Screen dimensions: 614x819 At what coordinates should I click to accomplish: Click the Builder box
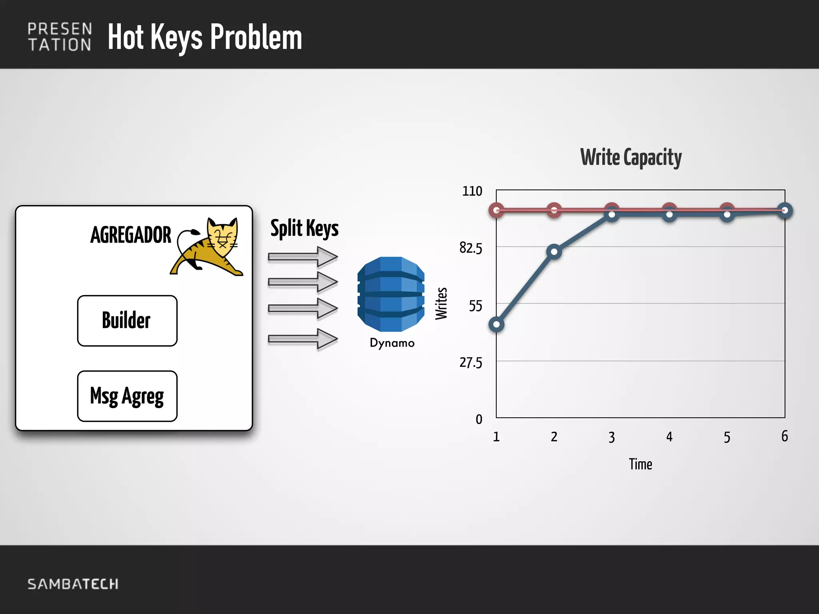tap(127, 321)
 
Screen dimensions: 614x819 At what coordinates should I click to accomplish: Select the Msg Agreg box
tap(127, 396)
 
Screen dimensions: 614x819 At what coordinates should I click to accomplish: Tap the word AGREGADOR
tap(131, 235)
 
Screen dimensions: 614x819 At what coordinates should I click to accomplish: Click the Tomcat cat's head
tap(222, 236)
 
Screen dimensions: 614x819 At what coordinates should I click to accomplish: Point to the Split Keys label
tap(304, 228)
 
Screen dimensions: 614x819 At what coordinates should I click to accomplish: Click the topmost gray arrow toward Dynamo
tap(303, 256)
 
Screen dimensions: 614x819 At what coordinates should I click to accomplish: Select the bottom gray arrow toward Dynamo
tap(303, 339)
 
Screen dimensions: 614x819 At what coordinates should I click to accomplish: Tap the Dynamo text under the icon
tap(392, 343)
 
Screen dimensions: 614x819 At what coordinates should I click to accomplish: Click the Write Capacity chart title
tap(631, 157)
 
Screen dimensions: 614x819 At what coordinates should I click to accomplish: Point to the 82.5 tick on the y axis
tap(471, 248)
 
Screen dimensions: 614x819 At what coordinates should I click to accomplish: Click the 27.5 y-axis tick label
tap(471, 363)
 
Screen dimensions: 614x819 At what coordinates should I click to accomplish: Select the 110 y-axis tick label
tap(472, 191)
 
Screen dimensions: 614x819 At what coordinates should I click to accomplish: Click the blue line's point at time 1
tap(496, 324)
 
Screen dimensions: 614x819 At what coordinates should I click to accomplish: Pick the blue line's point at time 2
tap(554, 251)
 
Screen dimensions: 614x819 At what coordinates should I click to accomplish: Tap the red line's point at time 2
tap(554, 209)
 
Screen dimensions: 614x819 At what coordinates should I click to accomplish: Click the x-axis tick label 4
tap(669, 437)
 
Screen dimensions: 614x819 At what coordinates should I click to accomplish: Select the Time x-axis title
tap(640, 464)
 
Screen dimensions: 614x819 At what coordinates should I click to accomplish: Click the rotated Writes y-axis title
tap(441, 303)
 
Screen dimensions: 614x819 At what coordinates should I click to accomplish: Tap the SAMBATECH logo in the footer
tap(73, 584)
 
